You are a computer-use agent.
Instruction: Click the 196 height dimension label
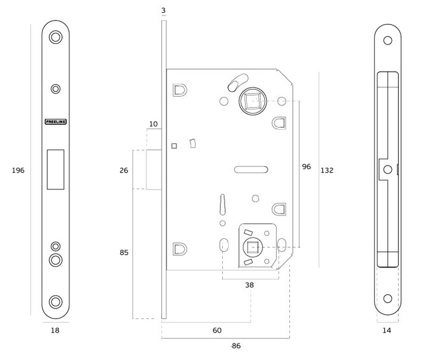(x=18, y=170)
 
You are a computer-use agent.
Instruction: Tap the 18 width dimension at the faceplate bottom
(x=55, y=330)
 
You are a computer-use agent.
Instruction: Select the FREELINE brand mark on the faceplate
(x=56, y=122)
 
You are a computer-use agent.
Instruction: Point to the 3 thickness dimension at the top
(x=164, y=11)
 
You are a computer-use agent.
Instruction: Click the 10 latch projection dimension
(x=153, y=124)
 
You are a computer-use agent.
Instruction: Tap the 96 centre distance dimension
(x=306, y=166)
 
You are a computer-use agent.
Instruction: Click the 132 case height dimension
(x=327, y=170)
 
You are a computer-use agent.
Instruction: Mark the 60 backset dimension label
(x=217, y=331)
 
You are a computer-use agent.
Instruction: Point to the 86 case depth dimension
(x=236, y=345)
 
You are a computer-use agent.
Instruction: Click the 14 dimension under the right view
(x=387, y=330)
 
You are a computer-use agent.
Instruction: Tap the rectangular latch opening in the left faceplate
(x=56, y=169)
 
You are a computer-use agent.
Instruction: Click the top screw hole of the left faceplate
(x=56, y=37)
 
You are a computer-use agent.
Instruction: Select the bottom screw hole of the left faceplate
(x=56, y=301)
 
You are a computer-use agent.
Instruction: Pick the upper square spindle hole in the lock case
(x=252, y=101)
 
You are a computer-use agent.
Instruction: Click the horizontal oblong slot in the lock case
(x=251, y=170)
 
